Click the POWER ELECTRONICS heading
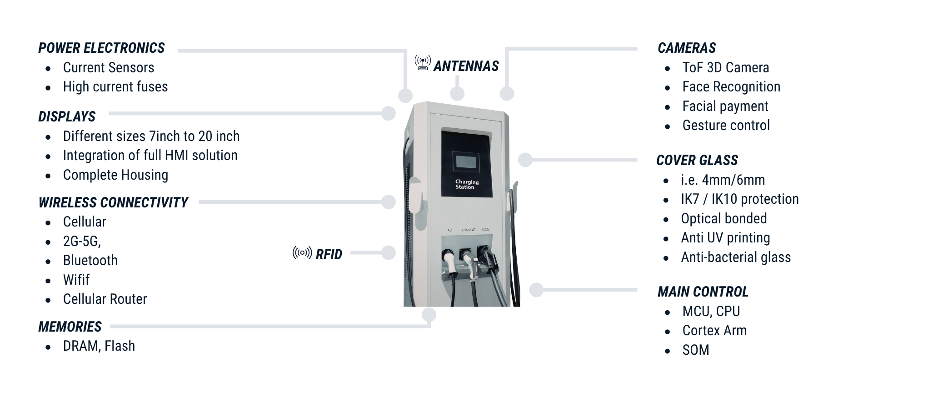click(101, 48)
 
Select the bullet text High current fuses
click(115, 87)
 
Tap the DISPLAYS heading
click(67, 117)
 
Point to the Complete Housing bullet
click(115, 175)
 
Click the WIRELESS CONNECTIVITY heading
click(113, 203)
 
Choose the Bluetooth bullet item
click(90, 261)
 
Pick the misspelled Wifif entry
click(76, 280)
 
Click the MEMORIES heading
click(70, 327)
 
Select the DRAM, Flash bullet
click(99, 346)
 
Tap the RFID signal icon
click(302, 253)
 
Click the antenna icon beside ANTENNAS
click(423, 63)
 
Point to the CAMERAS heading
click(687, 48)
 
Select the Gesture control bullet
click(726, 126)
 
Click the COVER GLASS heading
click(697, 161)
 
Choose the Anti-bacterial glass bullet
click(736, 257)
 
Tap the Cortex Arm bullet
click(714, 331)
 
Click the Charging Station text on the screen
click(467, 184)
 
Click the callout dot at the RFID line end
click(389, 253)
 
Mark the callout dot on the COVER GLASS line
click(525, 160)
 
